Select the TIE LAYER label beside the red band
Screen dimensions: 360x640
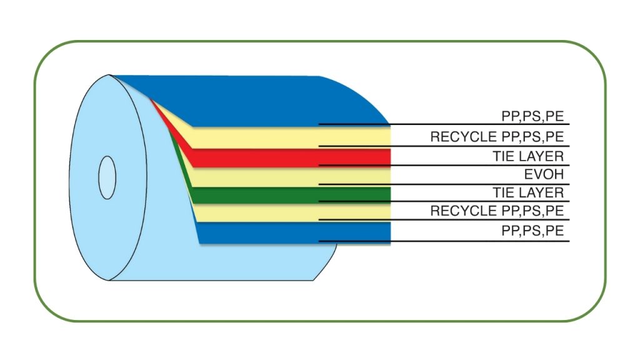[528, 156]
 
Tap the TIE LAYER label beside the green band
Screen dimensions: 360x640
[528, 192]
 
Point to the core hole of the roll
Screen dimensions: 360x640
[107, 178]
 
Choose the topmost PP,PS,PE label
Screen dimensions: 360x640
[532, 116]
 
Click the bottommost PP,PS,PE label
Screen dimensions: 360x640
[532, 231]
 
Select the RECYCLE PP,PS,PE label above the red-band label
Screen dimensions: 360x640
[497, 137]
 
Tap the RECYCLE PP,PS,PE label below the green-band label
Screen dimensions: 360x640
[497, 211]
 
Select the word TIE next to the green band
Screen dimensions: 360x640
[502, 192]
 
